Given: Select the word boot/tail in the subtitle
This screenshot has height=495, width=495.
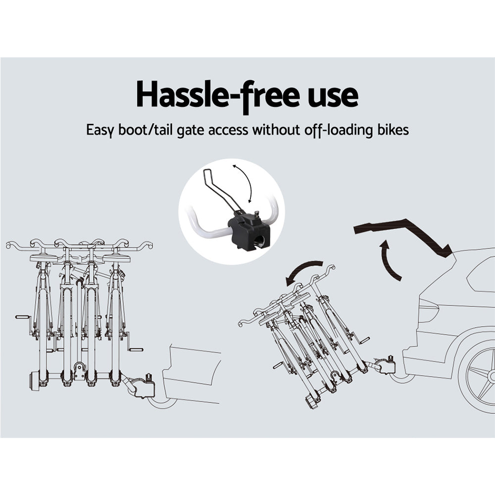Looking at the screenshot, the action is click(146, 129).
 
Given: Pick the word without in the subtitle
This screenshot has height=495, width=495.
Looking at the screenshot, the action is click(276, 129).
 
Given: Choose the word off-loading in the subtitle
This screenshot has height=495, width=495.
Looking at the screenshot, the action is click(339, 130).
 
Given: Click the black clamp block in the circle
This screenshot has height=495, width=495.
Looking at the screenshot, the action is click(249, 231).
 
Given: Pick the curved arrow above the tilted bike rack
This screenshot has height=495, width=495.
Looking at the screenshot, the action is click(302, 269).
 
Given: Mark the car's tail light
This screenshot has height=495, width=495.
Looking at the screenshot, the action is click(428, 310).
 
